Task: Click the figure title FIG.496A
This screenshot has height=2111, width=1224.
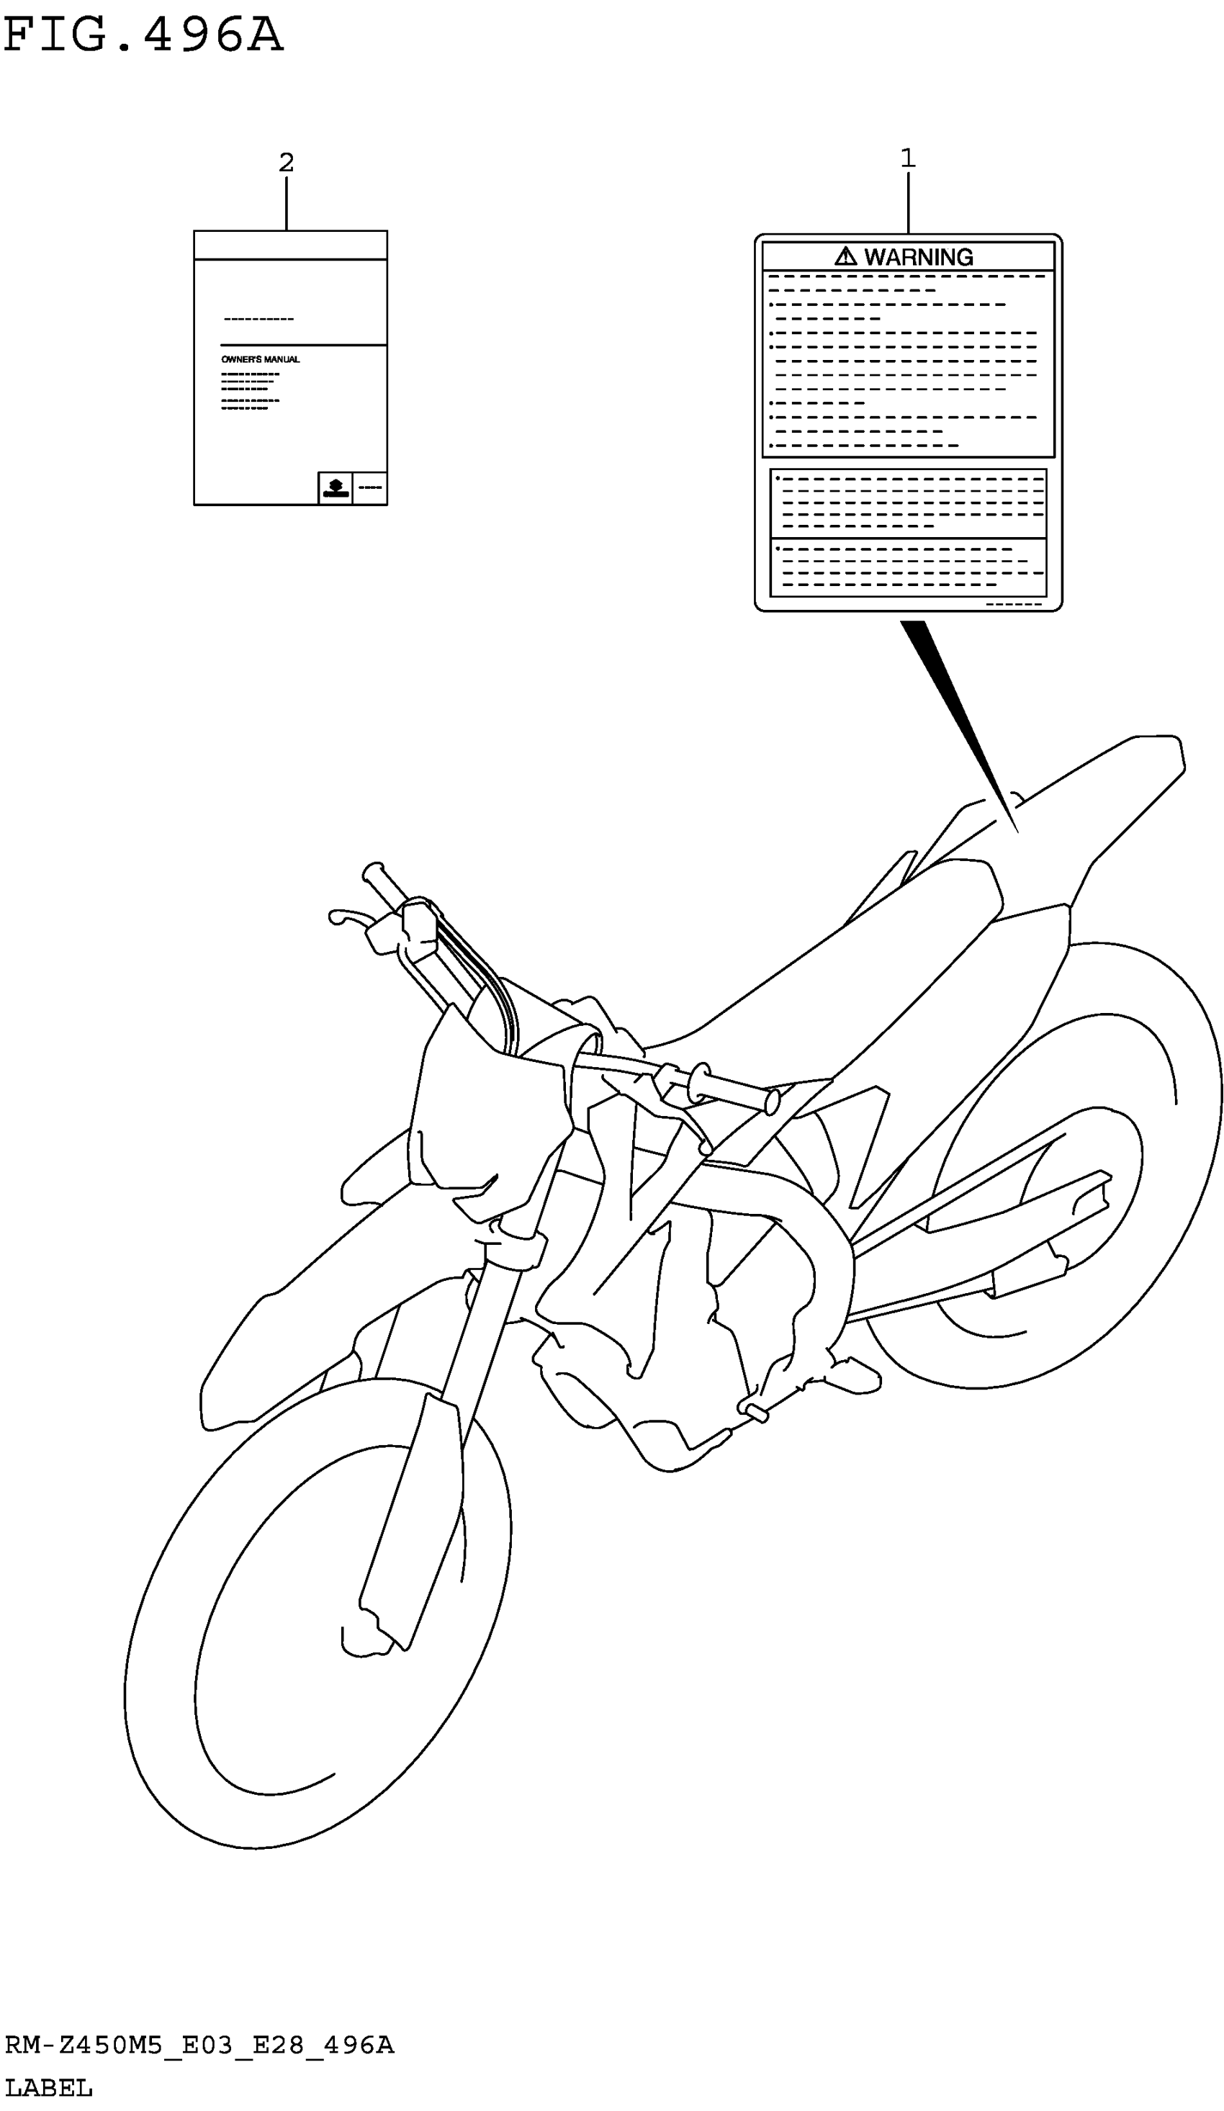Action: [x=143, y=35]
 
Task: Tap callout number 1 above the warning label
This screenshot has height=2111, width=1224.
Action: [x=907, y=158]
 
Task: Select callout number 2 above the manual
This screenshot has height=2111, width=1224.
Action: [x=287, y=163]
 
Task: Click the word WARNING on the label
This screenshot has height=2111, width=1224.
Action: [x=918, y=257]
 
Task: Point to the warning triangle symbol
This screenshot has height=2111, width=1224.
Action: [x=845, y=256]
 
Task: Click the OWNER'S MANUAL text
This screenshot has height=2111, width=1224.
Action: [x=261, y=359]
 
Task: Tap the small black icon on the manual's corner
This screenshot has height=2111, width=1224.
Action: [x=335, y=487]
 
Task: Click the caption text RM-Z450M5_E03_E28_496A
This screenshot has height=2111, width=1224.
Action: [x=199, y=2045]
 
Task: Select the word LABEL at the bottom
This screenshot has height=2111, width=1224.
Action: [x=48, y=2089]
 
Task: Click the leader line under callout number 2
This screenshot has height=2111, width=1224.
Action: [x=287, y=204]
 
